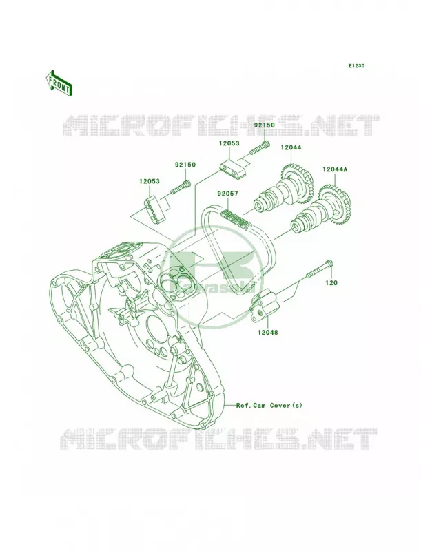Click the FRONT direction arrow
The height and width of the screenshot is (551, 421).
click(59, 83)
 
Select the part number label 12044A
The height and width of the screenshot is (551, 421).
click(335, 169)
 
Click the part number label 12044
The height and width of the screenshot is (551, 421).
click(291, 147)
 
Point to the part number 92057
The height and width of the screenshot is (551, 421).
click(227, 194)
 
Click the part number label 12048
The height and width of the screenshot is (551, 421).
click(267, 332)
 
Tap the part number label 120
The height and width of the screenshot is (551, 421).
click(331, 282)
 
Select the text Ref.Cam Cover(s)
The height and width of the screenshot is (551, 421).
click(269, 405)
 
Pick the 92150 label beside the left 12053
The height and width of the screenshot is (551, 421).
click(185, 165)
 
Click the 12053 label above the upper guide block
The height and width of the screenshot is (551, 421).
click(229, 143)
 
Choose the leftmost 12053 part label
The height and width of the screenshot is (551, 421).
click(150, 181)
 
